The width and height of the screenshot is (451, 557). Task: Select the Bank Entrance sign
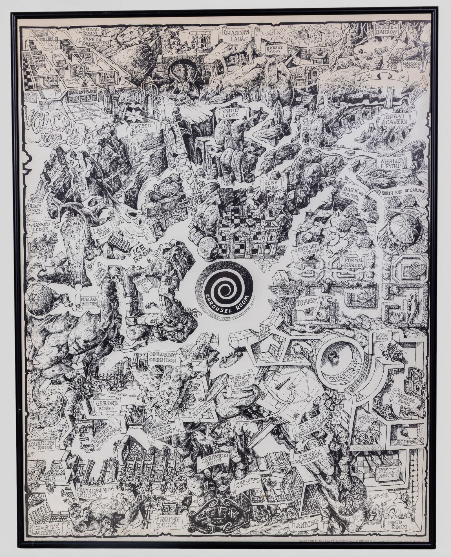click(x=82, y=92)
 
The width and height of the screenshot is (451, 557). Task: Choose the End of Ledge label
click(x=231, y=112)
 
